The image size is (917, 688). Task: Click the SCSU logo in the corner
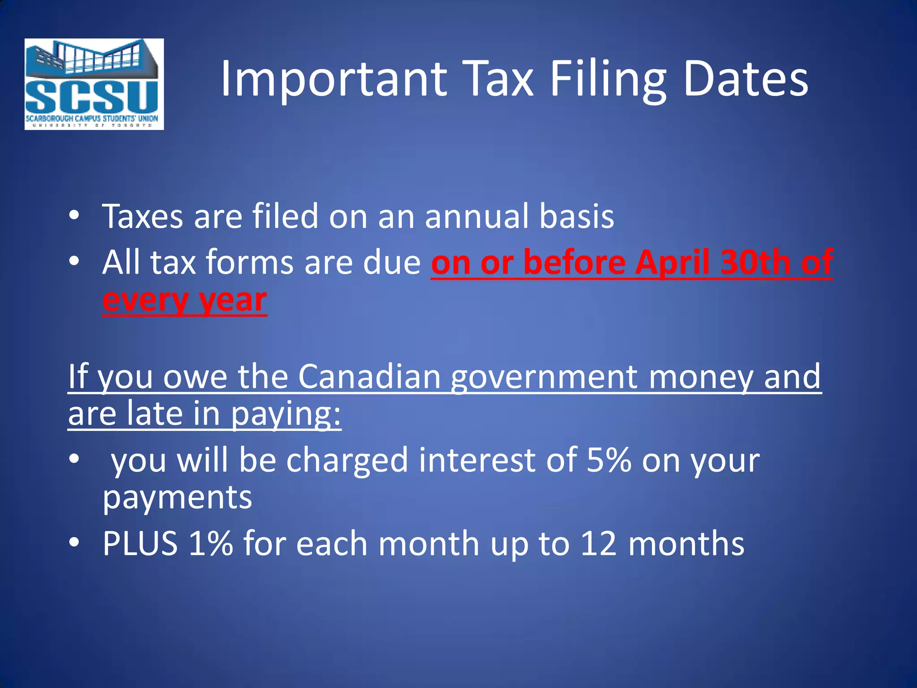[x=94, y=84]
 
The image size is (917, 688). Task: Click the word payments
[x=177, y=498]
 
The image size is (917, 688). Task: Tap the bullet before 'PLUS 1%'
[x=74, y=542]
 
